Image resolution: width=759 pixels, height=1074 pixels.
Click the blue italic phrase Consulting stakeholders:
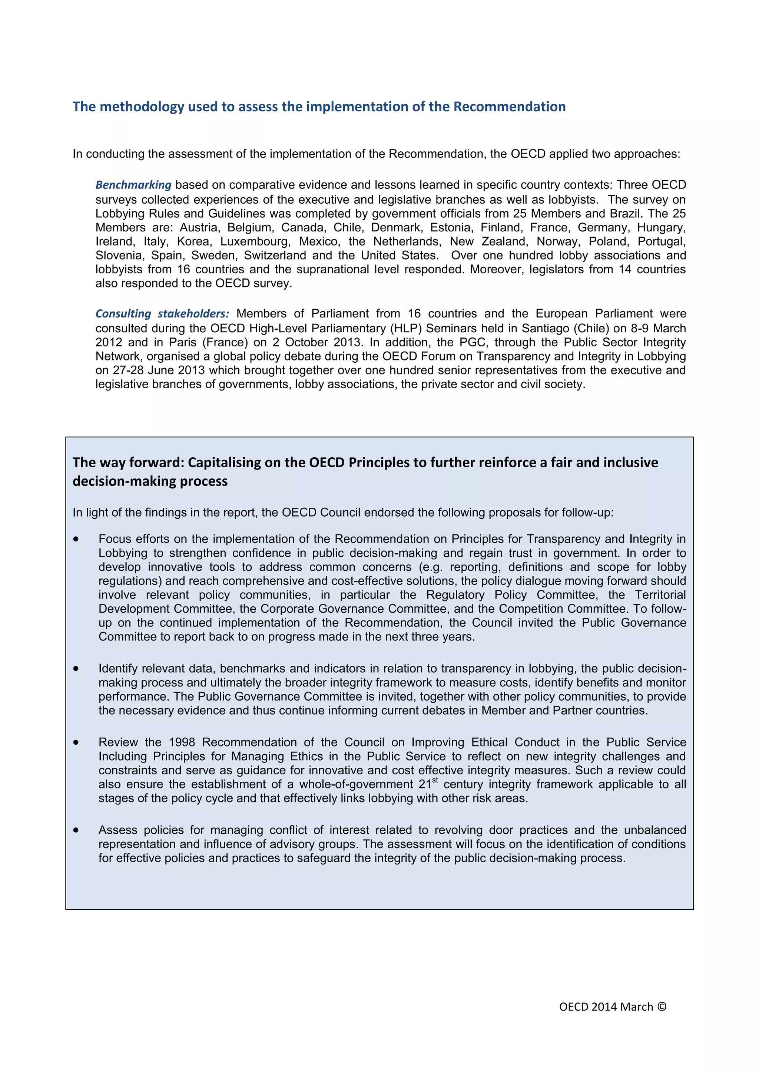coord(162,314)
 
